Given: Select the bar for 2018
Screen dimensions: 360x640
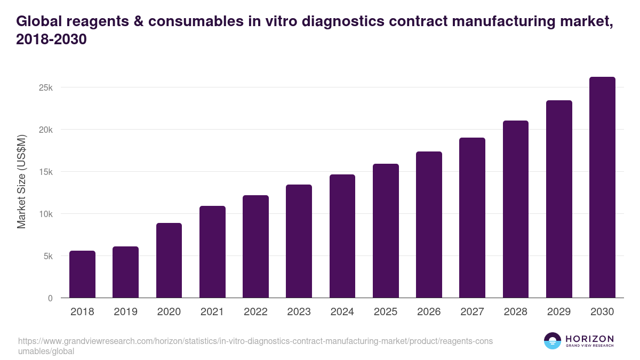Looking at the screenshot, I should [82, 274].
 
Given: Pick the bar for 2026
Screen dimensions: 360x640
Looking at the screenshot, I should [429, 225].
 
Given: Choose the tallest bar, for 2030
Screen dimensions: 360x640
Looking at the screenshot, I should [602, 187].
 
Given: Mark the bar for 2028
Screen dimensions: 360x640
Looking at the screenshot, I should [515, 209].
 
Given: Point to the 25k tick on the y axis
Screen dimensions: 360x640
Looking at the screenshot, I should [46, 87].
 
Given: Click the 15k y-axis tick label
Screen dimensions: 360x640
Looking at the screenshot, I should [46, 172].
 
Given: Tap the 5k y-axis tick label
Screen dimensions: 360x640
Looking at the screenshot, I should [47, 256].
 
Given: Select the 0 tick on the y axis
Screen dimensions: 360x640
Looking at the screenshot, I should [50, 298].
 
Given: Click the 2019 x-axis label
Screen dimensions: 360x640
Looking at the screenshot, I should [125, 312].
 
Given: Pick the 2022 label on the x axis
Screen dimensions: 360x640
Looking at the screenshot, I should [255, 312].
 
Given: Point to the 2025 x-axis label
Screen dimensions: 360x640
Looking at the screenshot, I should [386, 312].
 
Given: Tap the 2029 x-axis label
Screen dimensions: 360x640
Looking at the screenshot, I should [559, 312].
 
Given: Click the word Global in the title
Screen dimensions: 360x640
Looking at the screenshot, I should [40, 21].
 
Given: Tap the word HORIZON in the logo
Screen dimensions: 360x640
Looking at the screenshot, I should [589, 339].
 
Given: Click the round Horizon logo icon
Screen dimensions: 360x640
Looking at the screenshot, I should [553, 341].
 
